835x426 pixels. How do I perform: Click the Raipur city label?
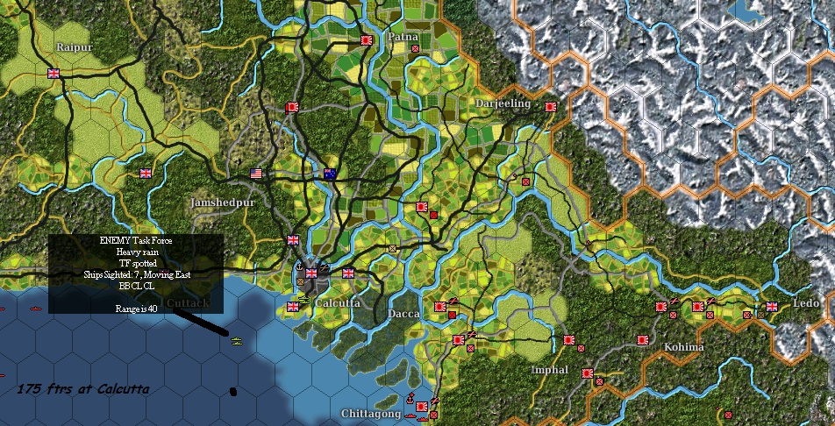pyautogui.click(x=75, y=46)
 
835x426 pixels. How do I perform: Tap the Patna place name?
pyautogui.click(x=403, y=38)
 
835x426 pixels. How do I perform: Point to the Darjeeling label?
pyautogui.click(x=503, y=103)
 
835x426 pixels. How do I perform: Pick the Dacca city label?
pyautogui.click(x=403, y=314)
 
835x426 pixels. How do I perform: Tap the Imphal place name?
pyautogui.click(x=550, y=370)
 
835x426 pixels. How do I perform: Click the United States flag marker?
pyautogui.click(x=257, y=174)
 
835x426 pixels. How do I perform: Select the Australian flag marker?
pyautogui.click(x=330, y=174)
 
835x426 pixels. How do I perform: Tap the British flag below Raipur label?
pyautogui.click(x=54, y=74)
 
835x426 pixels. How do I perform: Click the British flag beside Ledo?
pyautogui.click(x=772, y=307)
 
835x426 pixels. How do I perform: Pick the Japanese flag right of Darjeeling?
pyautogui.click(x=551, y=107)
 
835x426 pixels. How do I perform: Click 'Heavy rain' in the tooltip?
pyautogui.click(x=136, y=252)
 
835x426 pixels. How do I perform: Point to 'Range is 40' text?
pyautogui.click(x=136, y=309)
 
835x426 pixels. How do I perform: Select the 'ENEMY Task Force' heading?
pyautogui.click(x=136, y=240)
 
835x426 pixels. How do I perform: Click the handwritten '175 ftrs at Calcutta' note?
pyautogui.click(x=83, y=389)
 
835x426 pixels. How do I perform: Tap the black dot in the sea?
pyautogui.click(x=233, y=391)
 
